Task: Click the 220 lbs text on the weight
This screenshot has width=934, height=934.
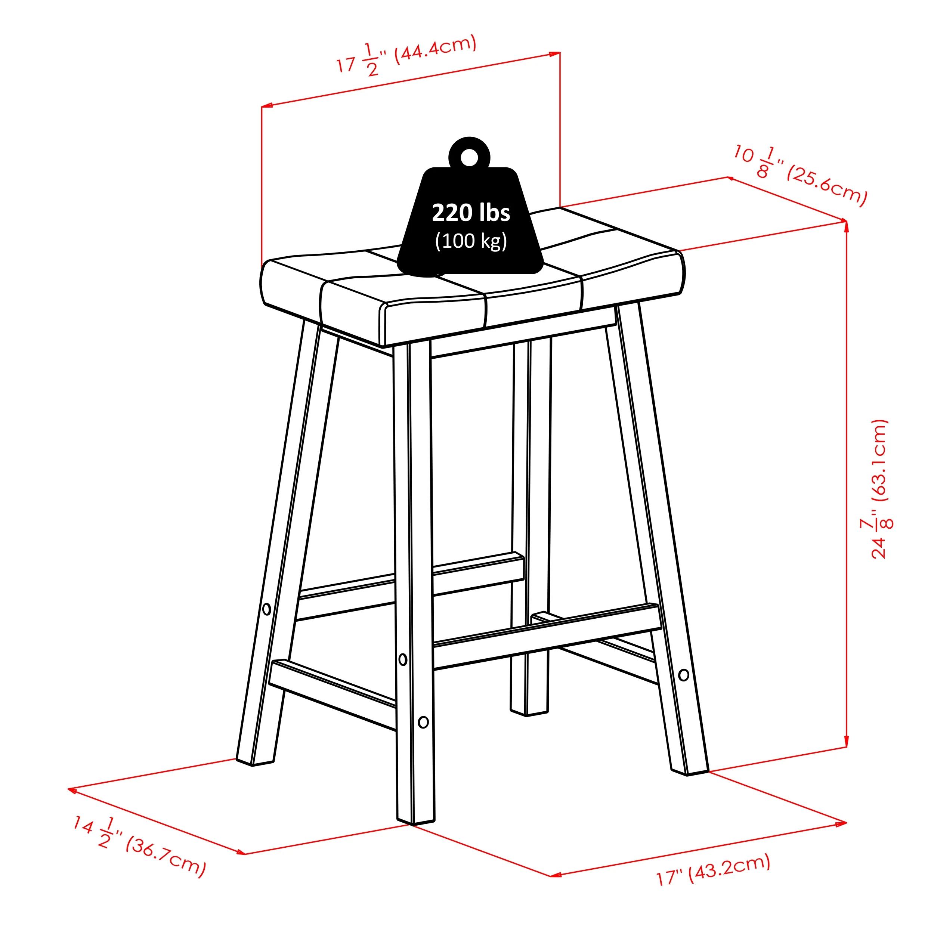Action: (x=470, y=213)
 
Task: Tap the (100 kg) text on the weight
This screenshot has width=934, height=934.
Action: (x=471, y=241)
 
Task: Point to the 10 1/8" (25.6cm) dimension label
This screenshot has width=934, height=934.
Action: (x=800, y=174)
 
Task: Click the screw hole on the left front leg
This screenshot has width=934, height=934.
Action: (x=266, y=609)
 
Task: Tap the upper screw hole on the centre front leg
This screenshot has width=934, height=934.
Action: (x=403, y=659)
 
